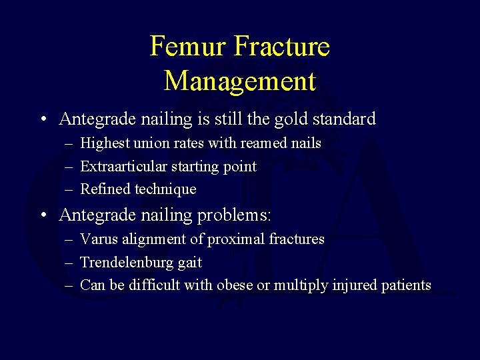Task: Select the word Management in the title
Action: [239, 81]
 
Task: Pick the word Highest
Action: [105, 143]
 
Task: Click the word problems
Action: [232, 215]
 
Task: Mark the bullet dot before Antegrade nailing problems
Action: [43, 216]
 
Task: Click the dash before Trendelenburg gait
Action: [69, 263]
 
